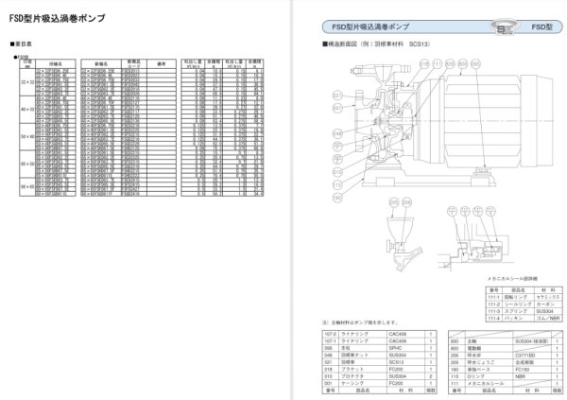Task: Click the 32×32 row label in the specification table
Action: tap(26, 81)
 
